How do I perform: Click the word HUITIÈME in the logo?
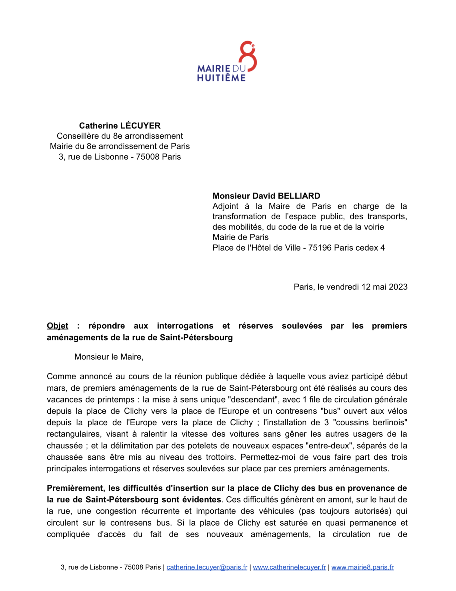(x=221, y=78)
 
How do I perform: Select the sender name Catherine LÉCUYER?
(x=120, y=126)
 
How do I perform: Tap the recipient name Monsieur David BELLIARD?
(x=266, y=196)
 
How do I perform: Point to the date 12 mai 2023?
(x=384, y=287)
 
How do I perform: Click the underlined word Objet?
(x=58, y=326)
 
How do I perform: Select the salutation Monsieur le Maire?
(x=108, y=357)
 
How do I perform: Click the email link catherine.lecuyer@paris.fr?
(x=207, y=567)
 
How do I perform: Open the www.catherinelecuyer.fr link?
(x=289, y=567)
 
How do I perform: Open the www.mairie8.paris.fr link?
(x=362, y=567)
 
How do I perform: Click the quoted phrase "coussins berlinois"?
(x=370, y=422)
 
